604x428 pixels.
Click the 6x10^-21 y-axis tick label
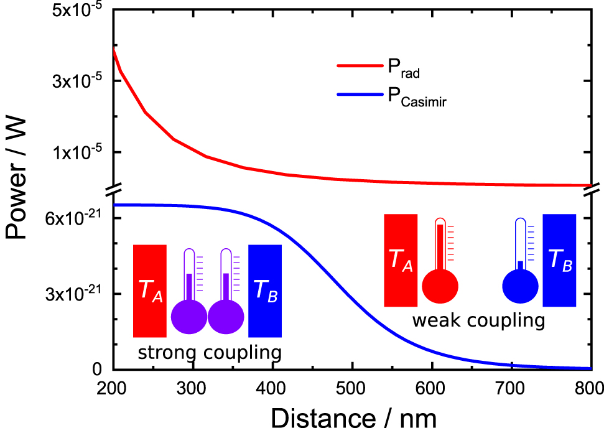coord(71,218)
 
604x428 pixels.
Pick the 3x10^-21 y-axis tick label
coord(71,294)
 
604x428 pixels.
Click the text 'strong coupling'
coord(209,353)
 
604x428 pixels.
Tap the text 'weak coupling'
coord(478,321)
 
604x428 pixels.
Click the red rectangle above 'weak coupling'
coord(400,260)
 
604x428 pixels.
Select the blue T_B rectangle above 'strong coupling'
coord(265,291)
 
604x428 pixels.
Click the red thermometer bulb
coord(440,287)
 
